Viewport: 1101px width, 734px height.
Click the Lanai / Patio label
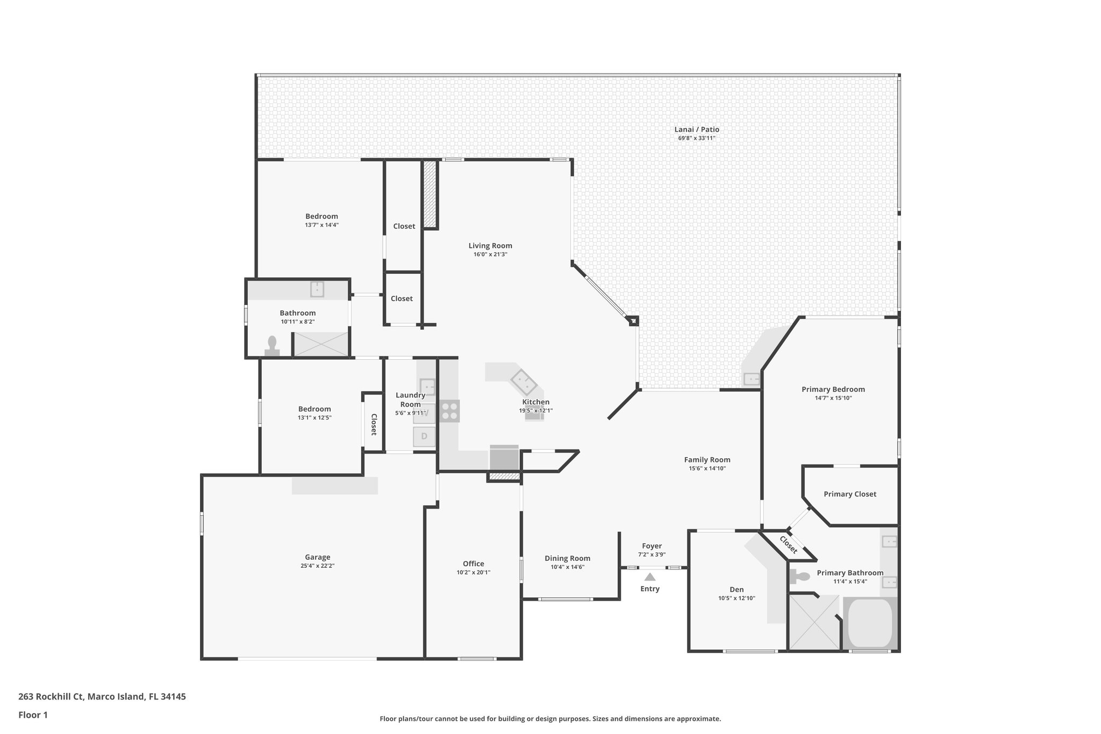pos(696,130)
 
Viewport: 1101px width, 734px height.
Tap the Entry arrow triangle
pos(650,577)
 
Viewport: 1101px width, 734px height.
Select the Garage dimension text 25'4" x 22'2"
pos(317,566)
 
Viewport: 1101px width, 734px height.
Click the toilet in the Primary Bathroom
pos(801,577)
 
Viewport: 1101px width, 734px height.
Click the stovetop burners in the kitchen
pos(449,411)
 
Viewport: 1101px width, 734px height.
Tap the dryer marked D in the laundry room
pos(424,436)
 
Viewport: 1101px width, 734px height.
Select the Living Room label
pos(490,246)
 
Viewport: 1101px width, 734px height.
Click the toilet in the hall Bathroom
pos(272,346)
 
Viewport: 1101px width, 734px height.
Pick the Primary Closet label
pos(849,494)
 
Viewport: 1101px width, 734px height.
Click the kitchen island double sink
pos(524,383)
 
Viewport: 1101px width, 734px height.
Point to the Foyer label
pos(652,546)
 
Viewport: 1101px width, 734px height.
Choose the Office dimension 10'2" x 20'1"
pos(473,572)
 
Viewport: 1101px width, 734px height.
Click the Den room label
pos(737,589)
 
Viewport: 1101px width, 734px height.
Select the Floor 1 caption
pos(33,715)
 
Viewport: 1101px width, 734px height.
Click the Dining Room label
pos(567,558)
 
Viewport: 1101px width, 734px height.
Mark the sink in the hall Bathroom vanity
pos(317,289)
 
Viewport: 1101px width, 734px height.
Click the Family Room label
pos(707,460)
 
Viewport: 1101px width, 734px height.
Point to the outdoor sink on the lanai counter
pos(752,380)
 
